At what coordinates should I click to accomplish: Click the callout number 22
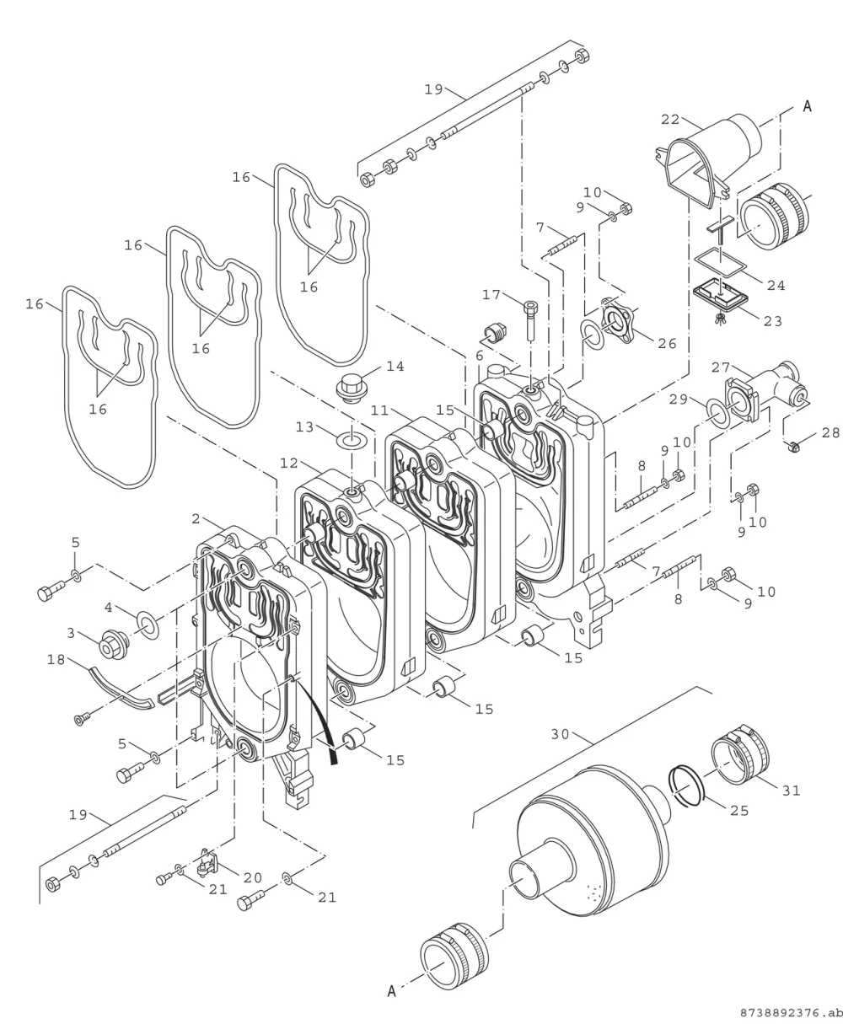point(670,120)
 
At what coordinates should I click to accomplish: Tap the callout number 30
point(560,734)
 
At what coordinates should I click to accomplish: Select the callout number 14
point(395,367)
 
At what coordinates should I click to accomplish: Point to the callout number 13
point(305,427)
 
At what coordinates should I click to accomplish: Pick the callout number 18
point(56,660)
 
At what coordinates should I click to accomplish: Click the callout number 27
point(721,367)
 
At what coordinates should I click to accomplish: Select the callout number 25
point(739,811)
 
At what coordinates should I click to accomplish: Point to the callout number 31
point(791,791)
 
